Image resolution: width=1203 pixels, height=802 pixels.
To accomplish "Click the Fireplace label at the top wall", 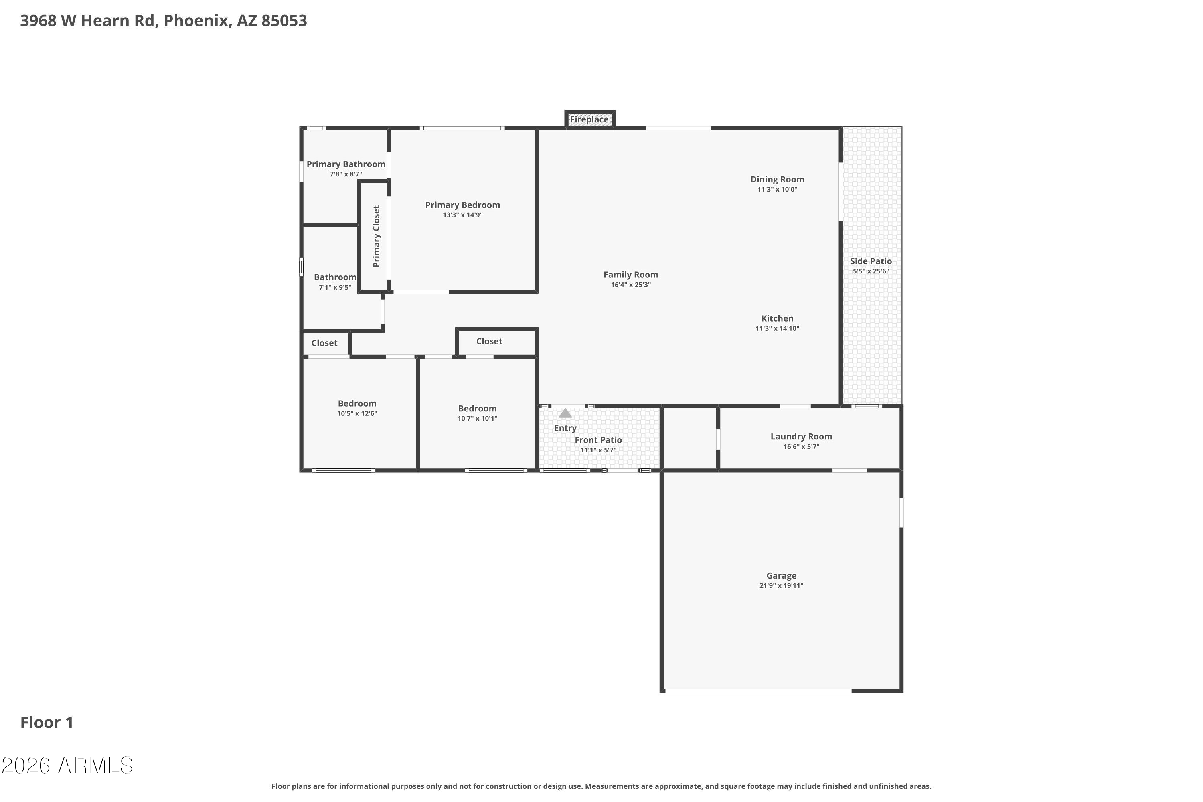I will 589,119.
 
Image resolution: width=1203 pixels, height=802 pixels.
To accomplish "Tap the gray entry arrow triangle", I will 565,413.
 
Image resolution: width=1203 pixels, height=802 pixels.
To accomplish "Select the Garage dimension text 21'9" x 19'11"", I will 781,585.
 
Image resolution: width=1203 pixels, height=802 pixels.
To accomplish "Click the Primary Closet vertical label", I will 377,236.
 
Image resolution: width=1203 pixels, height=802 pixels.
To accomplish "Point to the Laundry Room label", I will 801,436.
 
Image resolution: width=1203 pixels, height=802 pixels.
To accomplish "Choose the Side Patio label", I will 871,261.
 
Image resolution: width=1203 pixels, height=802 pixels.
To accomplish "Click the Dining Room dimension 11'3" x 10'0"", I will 777,190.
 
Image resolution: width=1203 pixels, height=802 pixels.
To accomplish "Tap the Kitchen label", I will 777,318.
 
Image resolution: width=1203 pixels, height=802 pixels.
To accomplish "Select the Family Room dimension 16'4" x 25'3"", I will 631,285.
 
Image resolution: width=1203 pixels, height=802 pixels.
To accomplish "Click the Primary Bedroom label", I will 462,205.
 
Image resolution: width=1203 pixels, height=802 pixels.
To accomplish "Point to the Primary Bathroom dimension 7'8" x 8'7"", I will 346,174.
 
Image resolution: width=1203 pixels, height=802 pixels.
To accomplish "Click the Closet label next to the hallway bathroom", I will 324,343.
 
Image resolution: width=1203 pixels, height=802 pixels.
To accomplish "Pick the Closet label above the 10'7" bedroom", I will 489,341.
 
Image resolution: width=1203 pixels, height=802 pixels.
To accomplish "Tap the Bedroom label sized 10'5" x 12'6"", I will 357,403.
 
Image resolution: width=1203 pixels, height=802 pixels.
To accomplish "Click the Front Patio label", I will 598,440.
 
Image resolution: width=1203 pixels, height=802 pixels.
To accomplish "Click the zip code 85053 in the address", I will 284,21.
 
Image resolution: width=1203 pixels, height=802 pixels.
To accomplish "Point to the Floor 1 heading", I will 47,723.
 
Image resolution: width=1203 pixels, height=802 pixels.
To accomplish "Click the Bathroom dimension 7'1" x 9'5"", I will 335,288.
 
